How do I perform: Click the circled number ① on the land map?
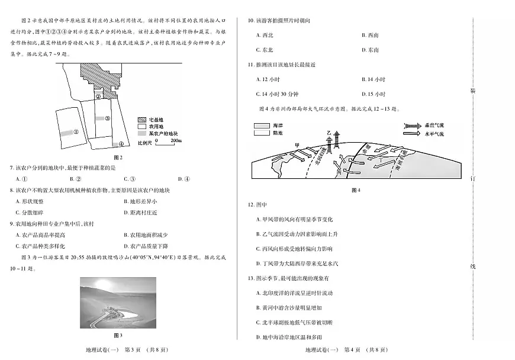(x=76, y=132)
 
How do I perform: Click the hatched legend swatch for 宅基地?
(x=142, y=118)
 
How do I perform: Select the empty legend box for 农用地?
(x=142, y=126)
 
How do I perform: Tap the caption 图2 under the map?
(x=117, y=157)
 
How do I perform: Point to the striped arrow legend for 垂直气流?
(x=411, y=126)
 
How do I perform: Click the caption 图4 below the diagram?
(x=355, y=190)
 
